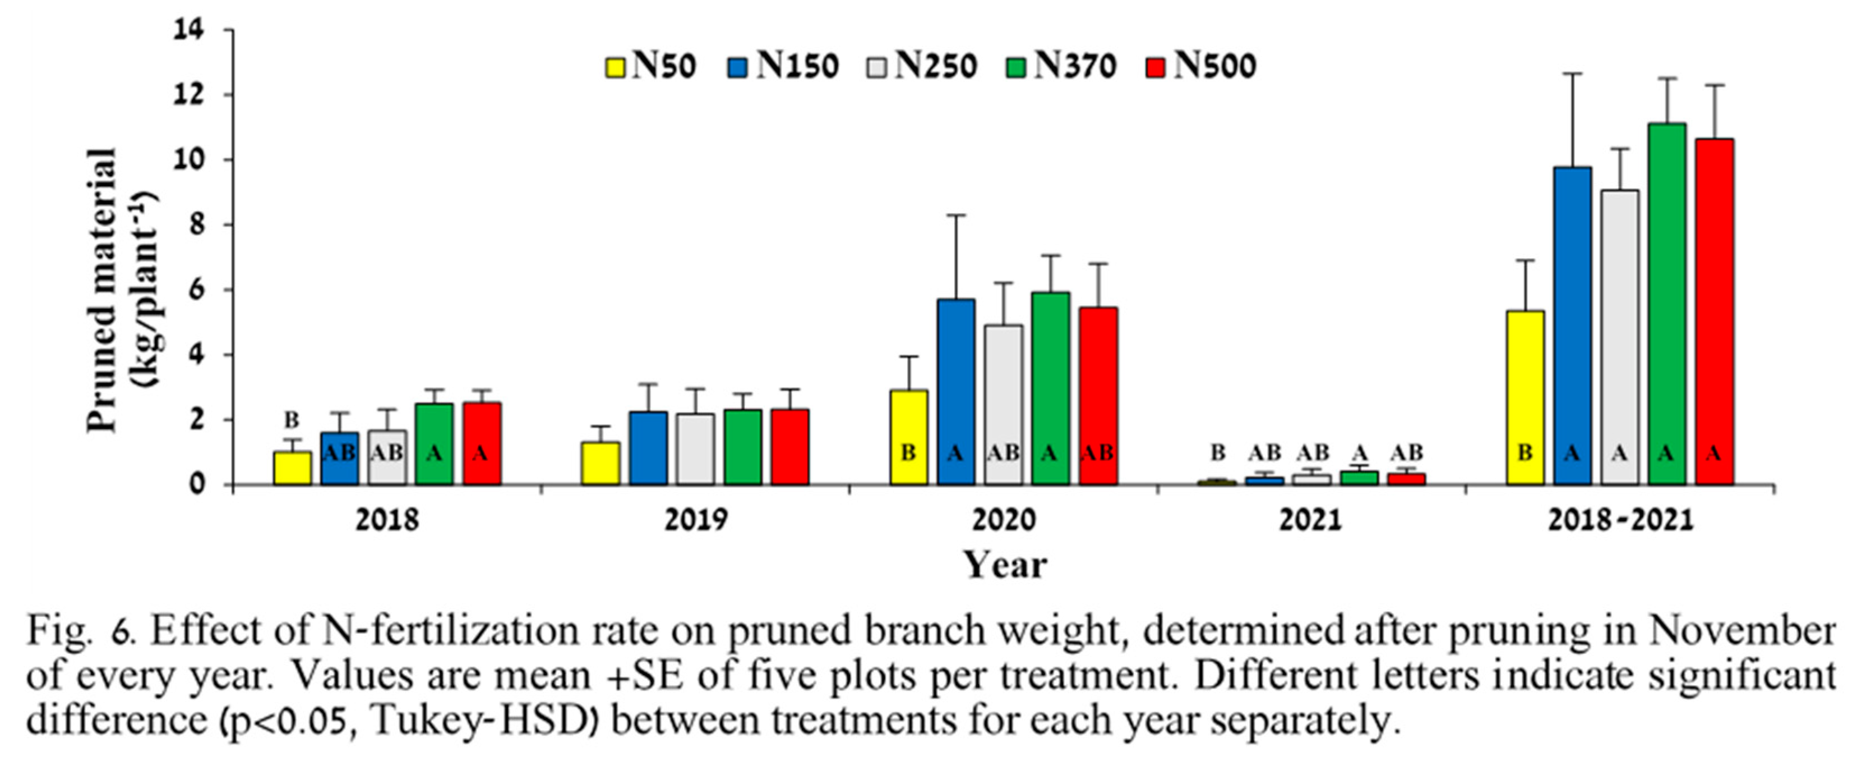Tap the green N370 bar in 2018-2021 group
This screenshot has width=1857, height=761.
pyautogui.click(x=1666, y=304)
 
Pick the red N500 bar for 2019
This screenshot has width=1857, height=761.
pyautogui.click(x=789, y=447)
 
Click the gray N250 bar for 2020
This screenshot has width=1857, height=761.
pyautogui.click(x=1003, y=405)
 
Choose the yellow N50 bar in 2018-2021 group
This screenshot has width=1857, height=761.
pyautogui.click(x=1526, y=397)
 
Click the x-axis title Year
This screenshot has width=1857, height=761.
pyautogui.click(x=1005, y=565)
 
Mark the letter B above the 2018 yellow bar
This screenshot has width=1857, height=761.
pyautogui.click(x=291, y=420)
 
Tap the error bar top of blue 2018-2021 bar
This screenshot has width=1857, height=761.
pyautogui.click(x=1572, y=74)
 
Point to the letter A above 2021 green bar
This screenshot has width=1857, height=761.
pyautogui.click(x=1360, y=453)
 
